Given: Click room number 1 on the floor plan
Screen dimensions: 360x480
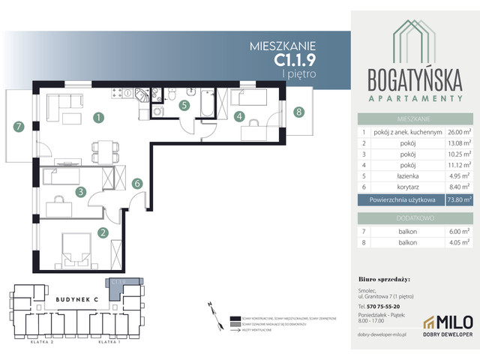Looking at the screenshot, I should [98, 117].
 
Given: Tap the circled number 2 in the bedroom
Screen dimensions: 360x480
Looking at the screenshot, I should [103, 232].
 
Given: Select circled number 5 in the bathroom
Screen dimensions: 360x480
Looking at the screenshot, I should [184, 106].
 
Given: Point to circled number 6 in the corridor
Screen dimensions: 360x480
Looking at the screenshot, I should [136, 182].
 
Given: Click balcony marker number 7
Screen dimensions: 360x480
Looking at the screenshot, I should [19, 127].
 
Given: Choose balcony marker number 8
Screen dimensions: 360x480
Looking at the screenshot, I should [299, 112].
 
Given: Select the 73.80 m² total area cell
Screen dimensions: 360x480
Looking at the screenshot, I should [457, 199].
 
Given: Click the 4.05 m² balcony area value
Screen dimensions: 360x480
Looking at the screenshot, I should [457, 242].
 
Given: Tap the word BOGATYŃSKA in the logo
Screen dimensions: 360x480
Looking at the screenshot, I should [414, 79].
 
